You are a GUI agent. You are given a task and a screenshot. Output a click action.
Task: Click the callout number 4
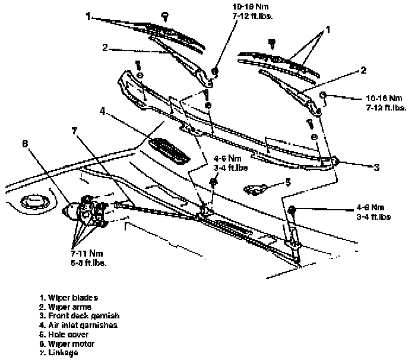click(102, 110)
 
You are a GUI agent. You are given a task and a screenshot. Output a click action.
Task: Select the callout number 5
click(289, 182)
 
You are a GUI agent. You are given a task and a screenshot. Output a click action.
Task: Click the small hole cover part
click(255, 189)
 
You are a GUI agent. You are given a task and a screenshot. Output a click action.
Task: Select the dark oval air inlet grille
click(169, 150)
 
